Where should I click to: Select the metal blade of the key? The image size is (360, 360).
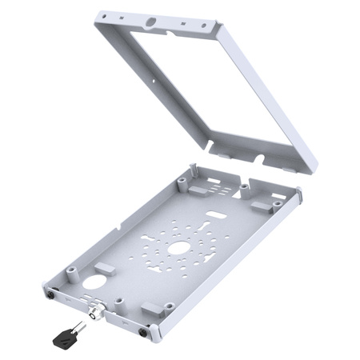[x=81, y=326]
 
